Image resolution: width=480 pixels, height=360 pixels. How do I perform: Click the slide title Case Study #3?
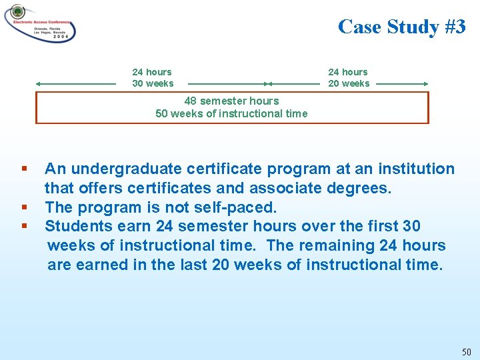[401, 27]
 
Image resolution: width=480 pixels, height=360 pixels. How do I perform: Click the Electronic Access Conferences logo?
[40, 23]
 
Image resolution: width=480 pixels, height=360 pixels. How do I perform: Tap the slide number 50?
[465, 351]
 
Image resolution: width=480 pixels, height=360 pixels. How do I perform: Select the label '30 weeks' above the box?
[153, 83]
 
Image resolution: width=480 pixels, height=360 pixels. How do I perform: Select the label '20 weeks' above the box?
[349, 83]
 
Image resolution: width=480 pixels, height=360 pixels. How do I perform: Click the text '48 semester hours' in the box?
[231, 101]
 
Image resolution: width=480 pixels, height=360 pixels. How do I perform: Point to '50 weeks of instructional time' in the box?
[231, 113]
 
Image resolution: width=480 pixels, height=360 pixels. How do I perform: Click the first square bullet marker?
[24, 169]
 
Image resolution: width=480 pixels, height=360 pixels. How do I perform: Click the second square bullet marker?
[24, 207]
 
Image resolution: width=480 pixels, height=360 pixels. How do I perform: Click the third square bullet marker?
[24, 226]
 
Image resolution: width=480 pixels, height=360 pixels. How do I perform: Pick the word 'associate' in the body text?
[294, 189]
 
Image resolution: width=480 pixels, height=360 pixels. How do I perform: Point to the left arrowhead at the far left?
[39, 84]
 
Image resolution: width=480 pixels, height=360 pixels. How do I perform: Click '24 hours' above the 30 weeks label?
[152, 72]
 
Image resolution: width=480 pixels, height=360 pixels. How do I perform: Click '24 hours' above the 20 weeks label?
[347, 72]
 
